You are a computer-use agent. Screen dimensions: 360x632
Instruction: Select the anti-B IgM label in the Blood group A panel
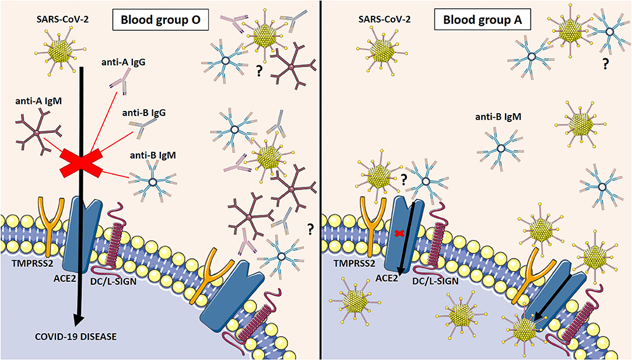(x=498, y=117)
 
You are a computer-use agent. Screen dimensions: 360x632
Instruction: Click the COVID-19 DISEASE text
(x=66, y=336)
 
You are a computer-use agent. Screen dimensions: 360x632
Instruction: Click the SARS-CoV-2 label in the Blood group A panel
(x=384, y=19)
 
